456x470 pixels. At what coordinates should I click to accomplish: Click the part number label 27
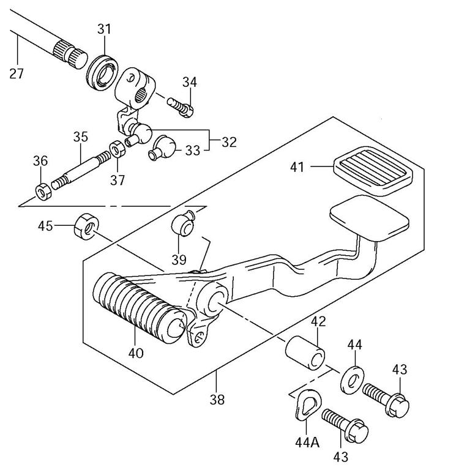click(17, 75)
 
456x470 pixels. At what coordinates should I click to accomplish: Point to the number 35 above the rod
click(81, 136)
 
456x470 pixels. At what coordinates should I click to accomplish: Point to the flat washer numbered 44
click(351, 379)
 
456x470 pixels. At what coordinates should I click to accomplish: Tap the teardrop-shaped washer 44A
click(304, 403)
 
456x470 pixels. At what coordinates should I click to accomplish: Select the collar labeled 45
click(84, 226)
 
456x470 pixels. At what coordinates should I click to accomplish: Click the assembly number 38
click(217, 400)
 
